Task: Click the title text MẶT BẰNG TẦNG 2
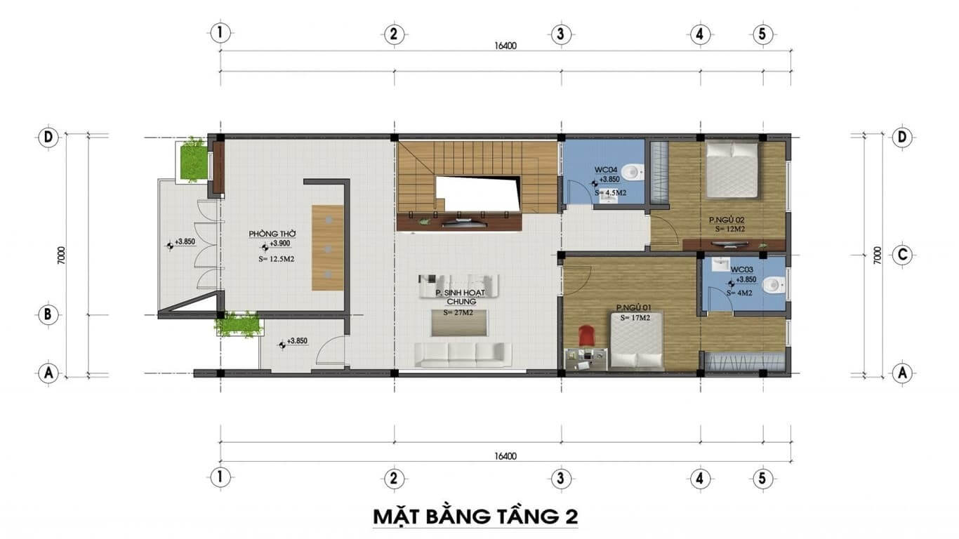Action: pos(475,517)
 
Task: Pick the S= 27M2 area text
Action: pos(458,312)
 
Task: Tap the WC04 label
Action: pos(606,169)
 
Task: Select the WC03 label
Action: pos(742,269)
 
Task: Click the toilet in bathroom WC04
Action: pos(633,171)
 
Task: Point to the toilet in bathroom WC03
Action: pos(772,284)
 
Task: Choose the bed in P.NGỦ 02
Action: pos(732,170)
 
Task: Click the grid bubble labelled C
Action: pos(902,255)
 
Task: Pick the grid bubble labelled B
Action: pos(48,314)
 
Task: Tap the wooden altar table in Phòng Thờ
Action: pos(328,247)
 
